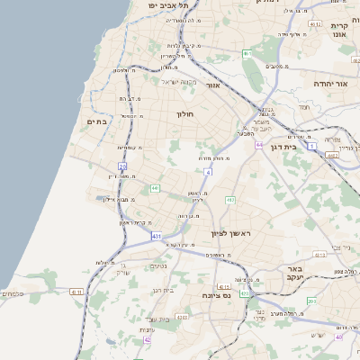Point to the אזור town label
[x=213, y=85]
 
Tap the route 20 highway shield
[x=122, y=165]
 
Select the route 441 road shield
[x=156, y=188]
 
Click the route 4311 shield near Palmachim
[x=76, y=292]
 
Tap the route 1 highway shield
[x=311, y=144]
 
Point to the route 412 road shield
[x=231, y=200]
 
